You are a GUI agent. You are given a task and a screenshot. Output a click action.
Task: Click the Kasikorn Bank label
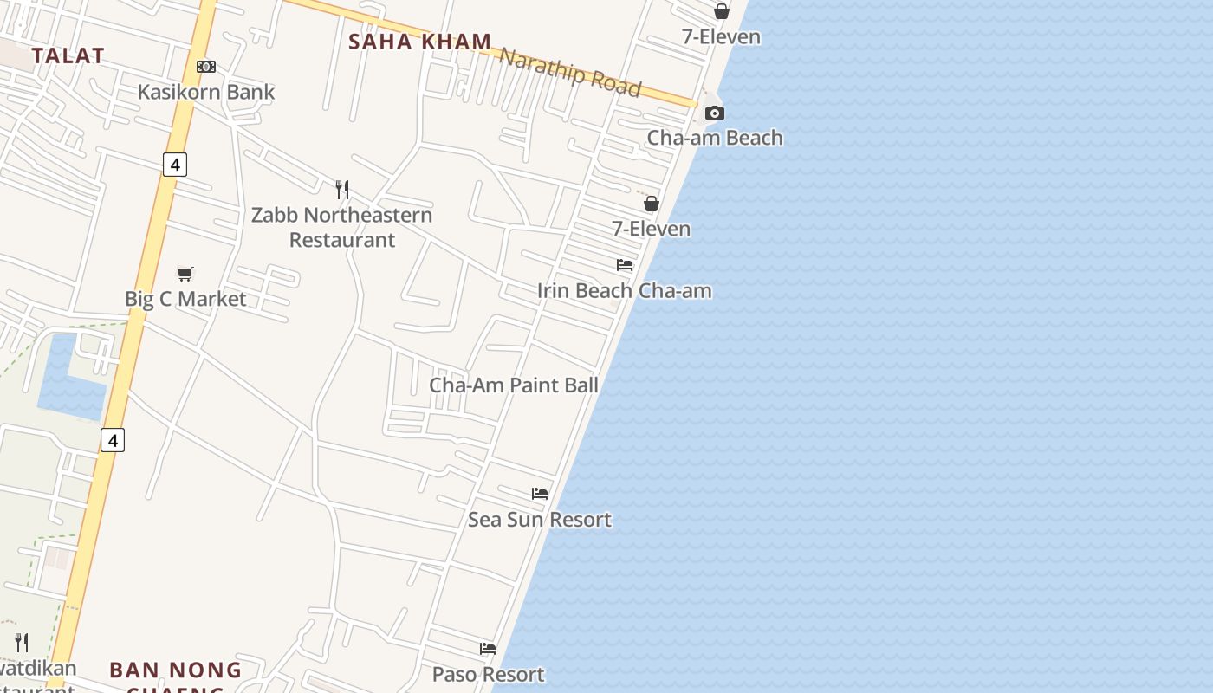pos(206,92)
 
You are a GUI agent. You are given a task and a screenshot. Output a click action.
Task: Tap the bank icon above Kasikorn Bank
pos(206,67)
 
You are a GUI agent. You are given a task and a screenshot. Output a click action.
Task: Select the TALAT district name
pos(68,56)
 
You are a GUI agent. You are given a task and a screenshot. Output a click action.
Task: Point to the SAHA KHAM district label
pos(419,42)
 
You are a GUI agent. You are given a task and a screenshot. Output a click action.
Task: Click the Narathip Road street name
pos(571,72)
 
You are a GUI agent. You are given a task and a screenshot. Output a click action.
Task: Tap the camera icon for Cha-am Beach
pos(715,113)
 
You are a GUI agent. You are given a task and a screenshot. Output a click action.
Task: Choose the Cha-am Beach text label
pos(715,138)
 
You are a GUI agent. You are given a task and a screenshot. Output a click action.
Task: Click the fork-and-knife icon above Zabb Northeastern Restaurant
pos(342,189)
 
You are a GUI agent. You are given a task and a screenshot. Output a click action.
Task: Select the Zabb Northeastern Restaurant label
pos(341,227)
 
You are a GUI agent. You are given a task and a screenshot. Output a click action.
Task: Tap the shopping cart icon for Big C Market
pos(185,274)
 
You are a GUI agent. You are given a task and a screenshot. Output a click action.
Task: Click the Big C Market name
pos(185,299)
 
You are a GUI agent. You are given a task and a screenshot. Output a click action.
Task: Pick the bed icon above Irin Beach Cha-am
pos(625,265)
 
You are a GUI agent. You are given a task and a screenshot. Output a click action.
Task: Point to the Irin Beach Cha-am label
pos(624,291)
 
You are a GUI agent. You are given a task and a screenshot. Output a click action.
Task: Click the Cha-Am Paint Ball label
pos(514,385)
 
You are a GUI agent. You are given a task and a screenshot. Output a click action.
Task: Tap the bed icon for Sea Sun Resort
pos(540,494)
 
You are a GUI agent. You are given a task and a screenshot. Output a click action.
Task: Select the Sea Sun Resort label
pos(540,520)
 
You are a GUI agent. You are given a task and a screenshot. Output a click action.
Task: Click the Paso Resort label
pos(488,674)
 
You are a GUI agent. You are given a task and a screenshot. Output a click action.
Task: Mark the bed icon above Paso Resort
pos(488,649)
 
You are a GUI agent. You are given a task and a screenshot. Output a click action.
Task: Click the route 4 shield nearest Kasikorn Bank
pos(175,164)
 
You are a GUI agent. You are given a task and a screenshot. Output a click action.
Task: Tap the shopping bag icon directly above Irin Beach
pos(652,204)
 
